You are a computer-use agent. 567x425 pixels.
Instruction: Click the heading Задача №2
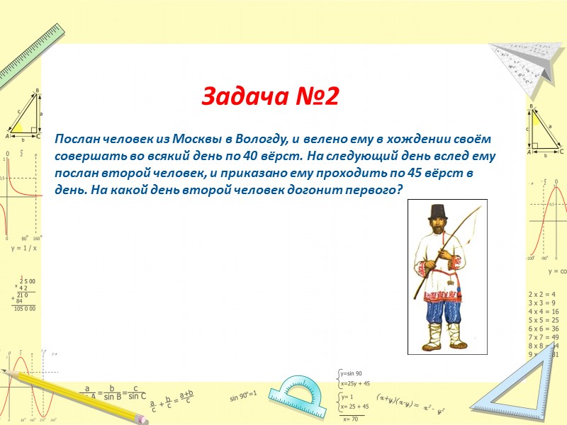(271, 96)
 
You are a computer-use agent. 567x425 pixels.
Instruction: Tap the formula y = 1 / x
(23, 249)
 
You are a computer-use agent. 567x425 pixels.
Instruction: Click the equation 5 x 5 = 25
(544, 319)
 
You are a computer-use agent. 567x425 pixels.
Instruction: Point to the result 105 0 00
(24, 309)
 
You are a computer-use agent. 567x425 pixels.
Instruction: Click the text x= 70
(352, 419)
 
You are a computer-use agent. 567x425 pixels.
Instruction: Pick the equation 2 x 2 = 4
(541, 294)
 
